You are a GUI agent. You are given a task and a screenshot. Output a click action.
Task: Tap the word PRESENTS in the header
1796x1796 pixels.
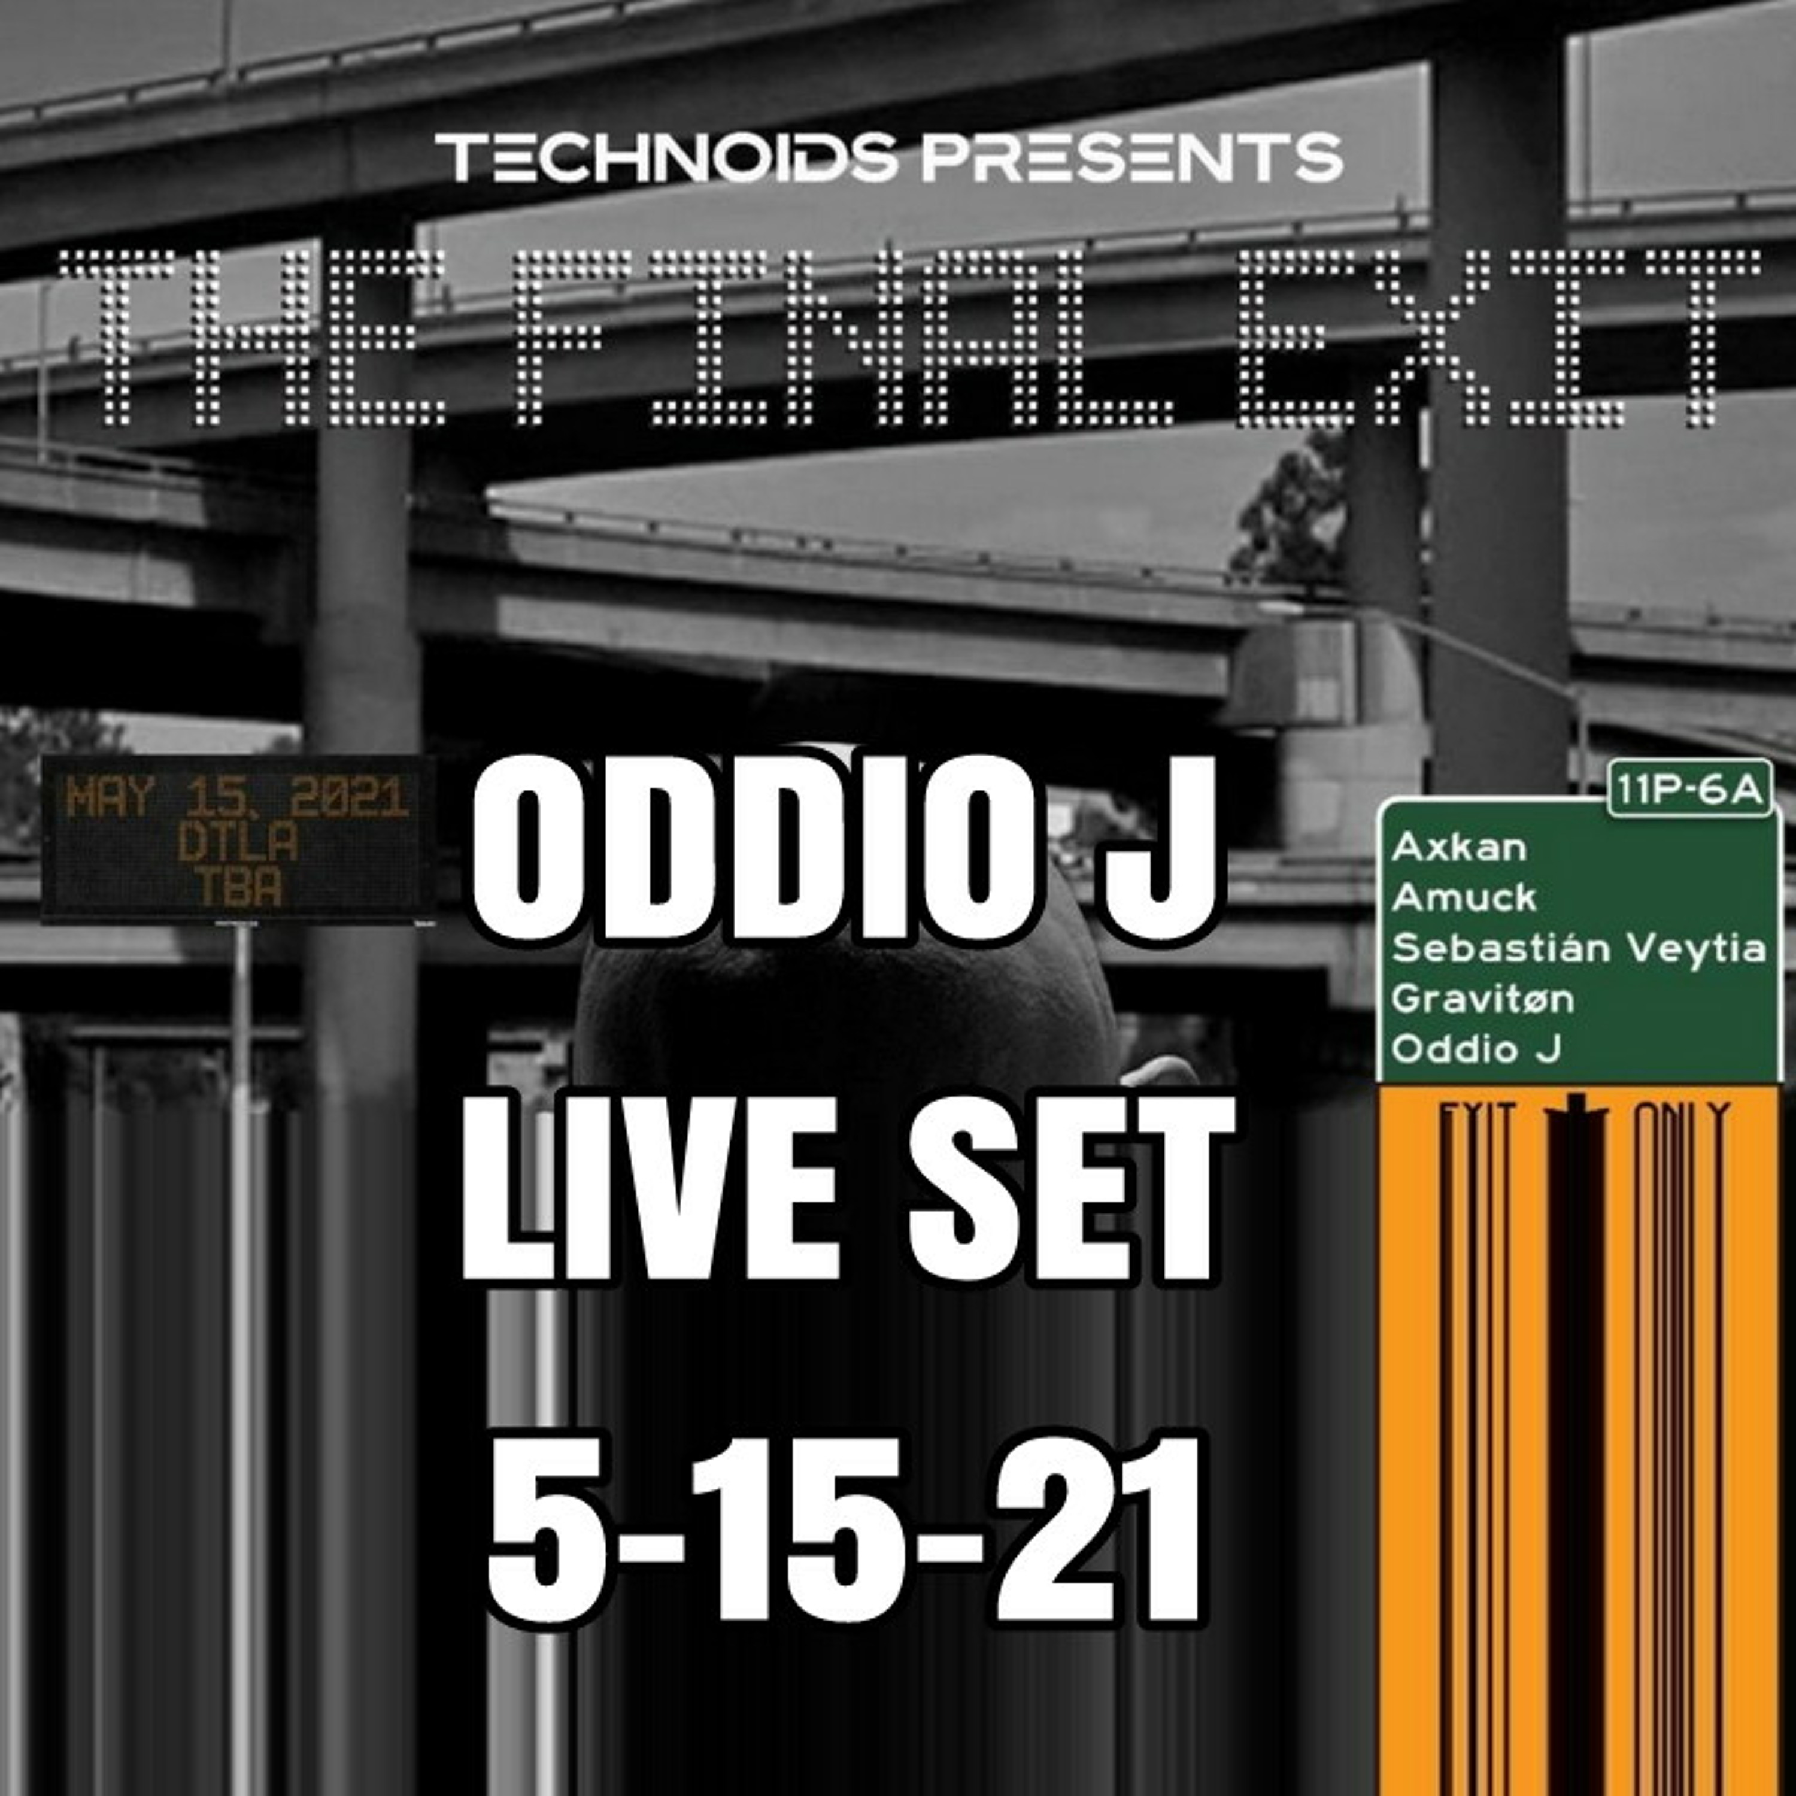point(1131,157)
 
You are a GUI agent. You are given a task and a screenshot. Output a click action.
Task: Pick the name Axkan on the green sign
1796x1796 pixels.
point(1458,847)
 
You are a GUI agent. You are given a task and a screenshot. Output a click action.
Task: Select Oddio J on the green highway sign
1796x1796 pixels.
point(1475,1049)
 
